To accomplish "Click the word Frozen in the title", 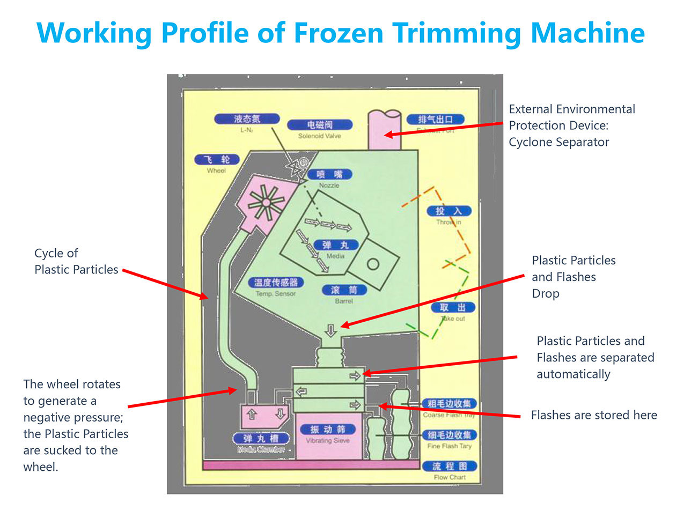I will click(x=339, y=33).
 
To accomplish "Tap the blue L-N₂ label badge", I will click(x=247, y=119).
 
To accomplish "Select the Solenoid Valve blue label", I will click(x=320, y=125).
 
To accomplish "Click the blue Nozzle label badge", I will click(x=329, y=174).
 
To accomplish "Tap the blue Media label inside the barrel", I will click(x=336, y=245).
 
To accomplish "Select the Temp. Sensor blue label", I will click(x=276, y=283).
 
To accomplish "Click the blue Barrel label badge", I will click(x=344, y=290).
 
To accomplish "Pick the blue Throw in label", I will click(x=449, y=211).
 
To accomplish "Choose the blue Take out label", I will click(x=453, y=307).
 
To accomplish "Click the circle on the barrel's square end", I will click(x=373, y=264).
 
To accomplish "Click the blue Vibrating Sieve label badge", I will click(x=327, y=430).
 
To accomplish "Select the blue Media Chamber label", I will click(x=261, y=439).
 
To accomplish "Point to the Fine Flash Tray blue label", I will click(x=449, y=435).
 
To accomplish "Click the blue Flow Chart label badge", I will click(x=450, y=466).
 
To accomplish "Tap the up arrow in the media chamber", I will click(x=252, y=415).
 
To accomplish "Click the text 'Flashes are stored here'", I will click(x=593, y=415).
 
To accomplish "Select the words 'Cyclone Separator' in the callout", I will click(x=558, y=142).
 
